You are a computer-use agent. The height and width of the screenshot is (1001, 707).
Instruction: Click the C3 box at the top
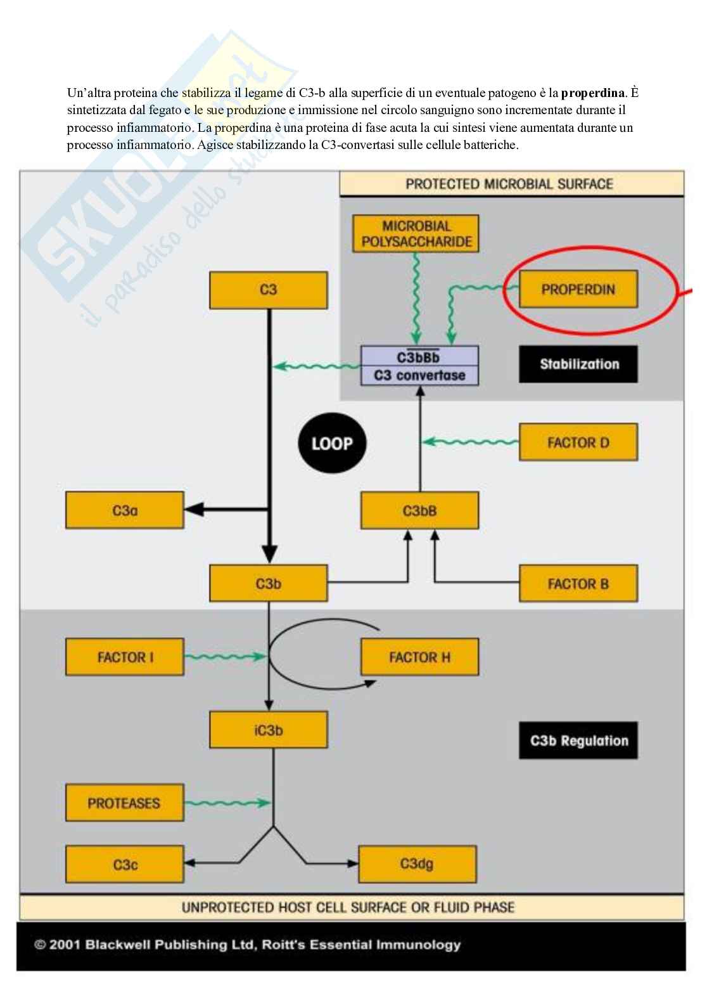(269, 290)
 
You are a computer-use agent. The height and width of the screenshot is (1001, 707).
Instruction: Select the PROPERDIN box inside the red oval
(578, 290)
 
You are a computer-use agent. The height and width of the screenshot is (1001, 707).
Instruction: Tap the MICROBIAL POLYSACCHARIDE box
(416, 234)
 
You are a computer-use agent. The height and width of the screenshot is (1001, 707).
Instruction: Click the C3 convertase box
(419, 366)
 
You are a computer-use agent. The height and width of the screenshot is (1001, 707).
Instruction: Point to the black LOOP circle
(332, 444)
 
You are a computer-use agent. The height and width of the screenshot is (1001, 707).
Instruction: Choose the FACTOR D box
(578, 442)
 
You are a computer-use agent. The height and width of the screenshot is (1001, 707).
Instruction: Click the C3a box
(125, 510)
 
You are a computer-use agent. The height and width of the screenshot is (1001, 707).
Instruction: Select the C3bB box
(419, 510)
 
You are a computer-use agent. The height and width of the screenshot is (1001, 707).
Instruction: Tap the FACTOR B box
(578, 584)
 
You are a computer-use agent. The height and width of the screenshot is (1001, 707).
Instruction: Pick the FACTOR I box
(125, 657)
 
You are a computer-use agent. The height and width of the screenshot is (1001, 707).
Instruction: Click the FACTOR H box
(419, 657)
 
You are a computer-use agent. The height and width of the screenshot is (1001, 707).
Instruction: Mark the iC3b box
(269, 730)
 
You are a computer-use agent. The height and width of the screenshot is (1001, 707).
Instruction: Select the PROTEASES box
(124, 803)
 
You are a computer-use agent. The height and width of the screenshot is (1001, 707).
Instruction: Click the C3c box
(125, 865)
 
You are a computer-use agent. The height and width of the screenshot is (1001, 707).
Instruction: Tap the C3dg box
(417, 864)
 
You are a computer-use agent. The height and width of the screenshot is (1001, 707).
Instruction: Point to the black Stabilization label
(578, 364)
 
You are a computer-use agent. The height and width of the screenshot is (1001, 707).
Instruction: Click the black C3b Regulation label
(578, 740)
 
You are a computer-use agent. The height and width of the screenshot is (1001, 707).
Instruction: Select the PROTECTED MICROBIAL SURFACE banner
(511, 184)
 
